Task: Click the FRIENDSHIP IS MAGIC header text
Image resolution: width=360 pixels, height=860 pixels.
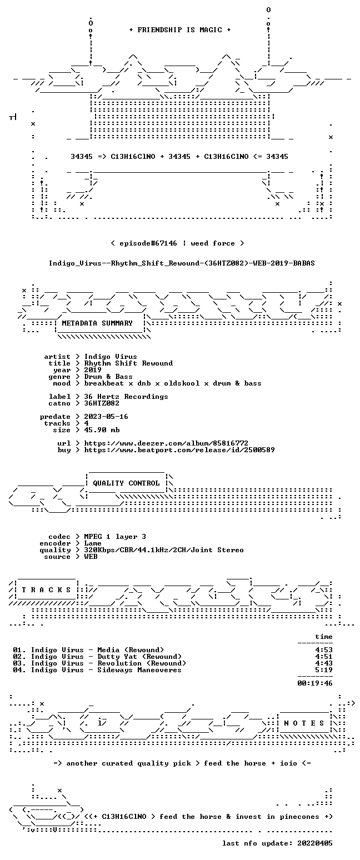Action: (180, 30)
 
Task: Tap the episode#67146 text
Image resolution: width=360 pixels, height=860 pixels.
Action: (148, 243)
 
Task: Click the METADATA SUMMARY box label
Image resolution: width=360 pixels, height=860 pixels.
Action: (97, 323)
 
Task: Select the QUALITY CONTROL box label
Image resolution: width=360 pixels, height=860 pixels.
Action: (126, 483)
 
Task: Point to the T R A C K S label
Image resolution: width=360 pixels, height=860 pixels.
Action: (47, 589)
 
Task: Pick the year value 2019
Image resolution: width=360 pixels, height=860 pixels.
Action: (93, 370)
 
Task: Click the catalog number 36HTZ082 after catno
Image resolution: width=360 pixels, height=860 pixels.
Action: (102, 403)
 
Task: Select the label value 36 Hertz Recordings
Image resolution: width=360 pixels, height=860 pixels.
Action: (126, 397)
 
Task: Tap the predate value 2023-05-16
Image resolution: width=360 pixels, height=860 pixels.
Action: (106, 417)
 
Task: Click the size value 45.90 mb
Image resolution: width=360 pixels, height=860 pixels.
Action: (102, 430)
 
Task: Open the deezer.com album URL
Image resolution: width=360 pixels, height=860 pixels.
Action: (166, 443)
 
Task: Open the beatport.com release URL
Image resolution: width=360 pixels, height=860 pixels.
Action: (179, 450)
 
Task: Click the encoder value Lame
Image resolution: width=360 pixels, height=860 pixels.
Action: (93, 543)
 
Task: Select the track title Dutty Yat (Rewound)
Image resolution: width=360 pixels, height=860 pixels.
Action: (139, 657)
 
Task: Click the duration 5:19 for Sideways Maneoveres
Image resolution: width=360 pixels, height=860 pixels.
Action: (324, 670)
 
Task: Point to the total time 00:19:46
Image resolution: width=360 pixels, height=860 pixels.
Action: (315, 683)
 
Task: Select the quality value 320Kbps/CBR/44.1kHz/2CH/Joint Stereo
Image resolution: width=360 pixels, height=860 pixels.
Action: (164, 550)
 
